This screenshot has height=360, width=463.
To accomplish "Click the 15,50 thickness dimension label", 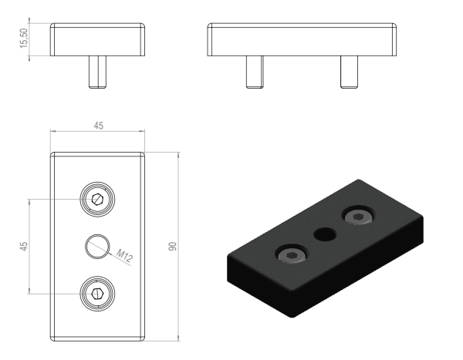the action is tap(23, 39).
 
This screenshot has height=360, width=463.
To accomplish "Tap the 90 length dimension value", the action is tap(172, 247).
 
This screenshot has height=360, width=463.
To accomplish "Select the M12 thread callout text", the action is tap(124, 255).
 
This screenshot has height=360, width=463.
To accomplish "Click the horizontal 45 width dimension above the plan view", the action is tap(99, 126).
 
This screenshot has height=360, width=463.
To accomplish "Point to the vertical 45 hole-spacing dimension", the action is tap(24, 247).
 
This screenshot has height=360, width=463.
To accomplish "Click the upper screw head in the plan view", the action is tap(97, 199).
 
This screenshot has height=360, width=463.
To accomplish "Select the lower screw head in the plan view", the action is tap(97, 294).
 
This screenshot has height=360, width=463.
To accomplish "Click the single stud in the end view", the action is tap(97, 72).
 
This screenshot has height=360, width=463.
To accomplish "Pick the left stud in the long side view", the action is tap(255, 72).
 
